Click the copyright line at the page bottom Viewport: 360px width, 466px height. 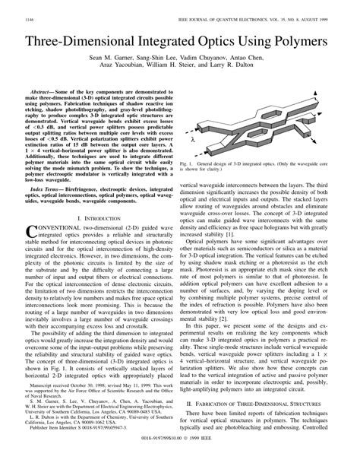coord(180,458)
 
